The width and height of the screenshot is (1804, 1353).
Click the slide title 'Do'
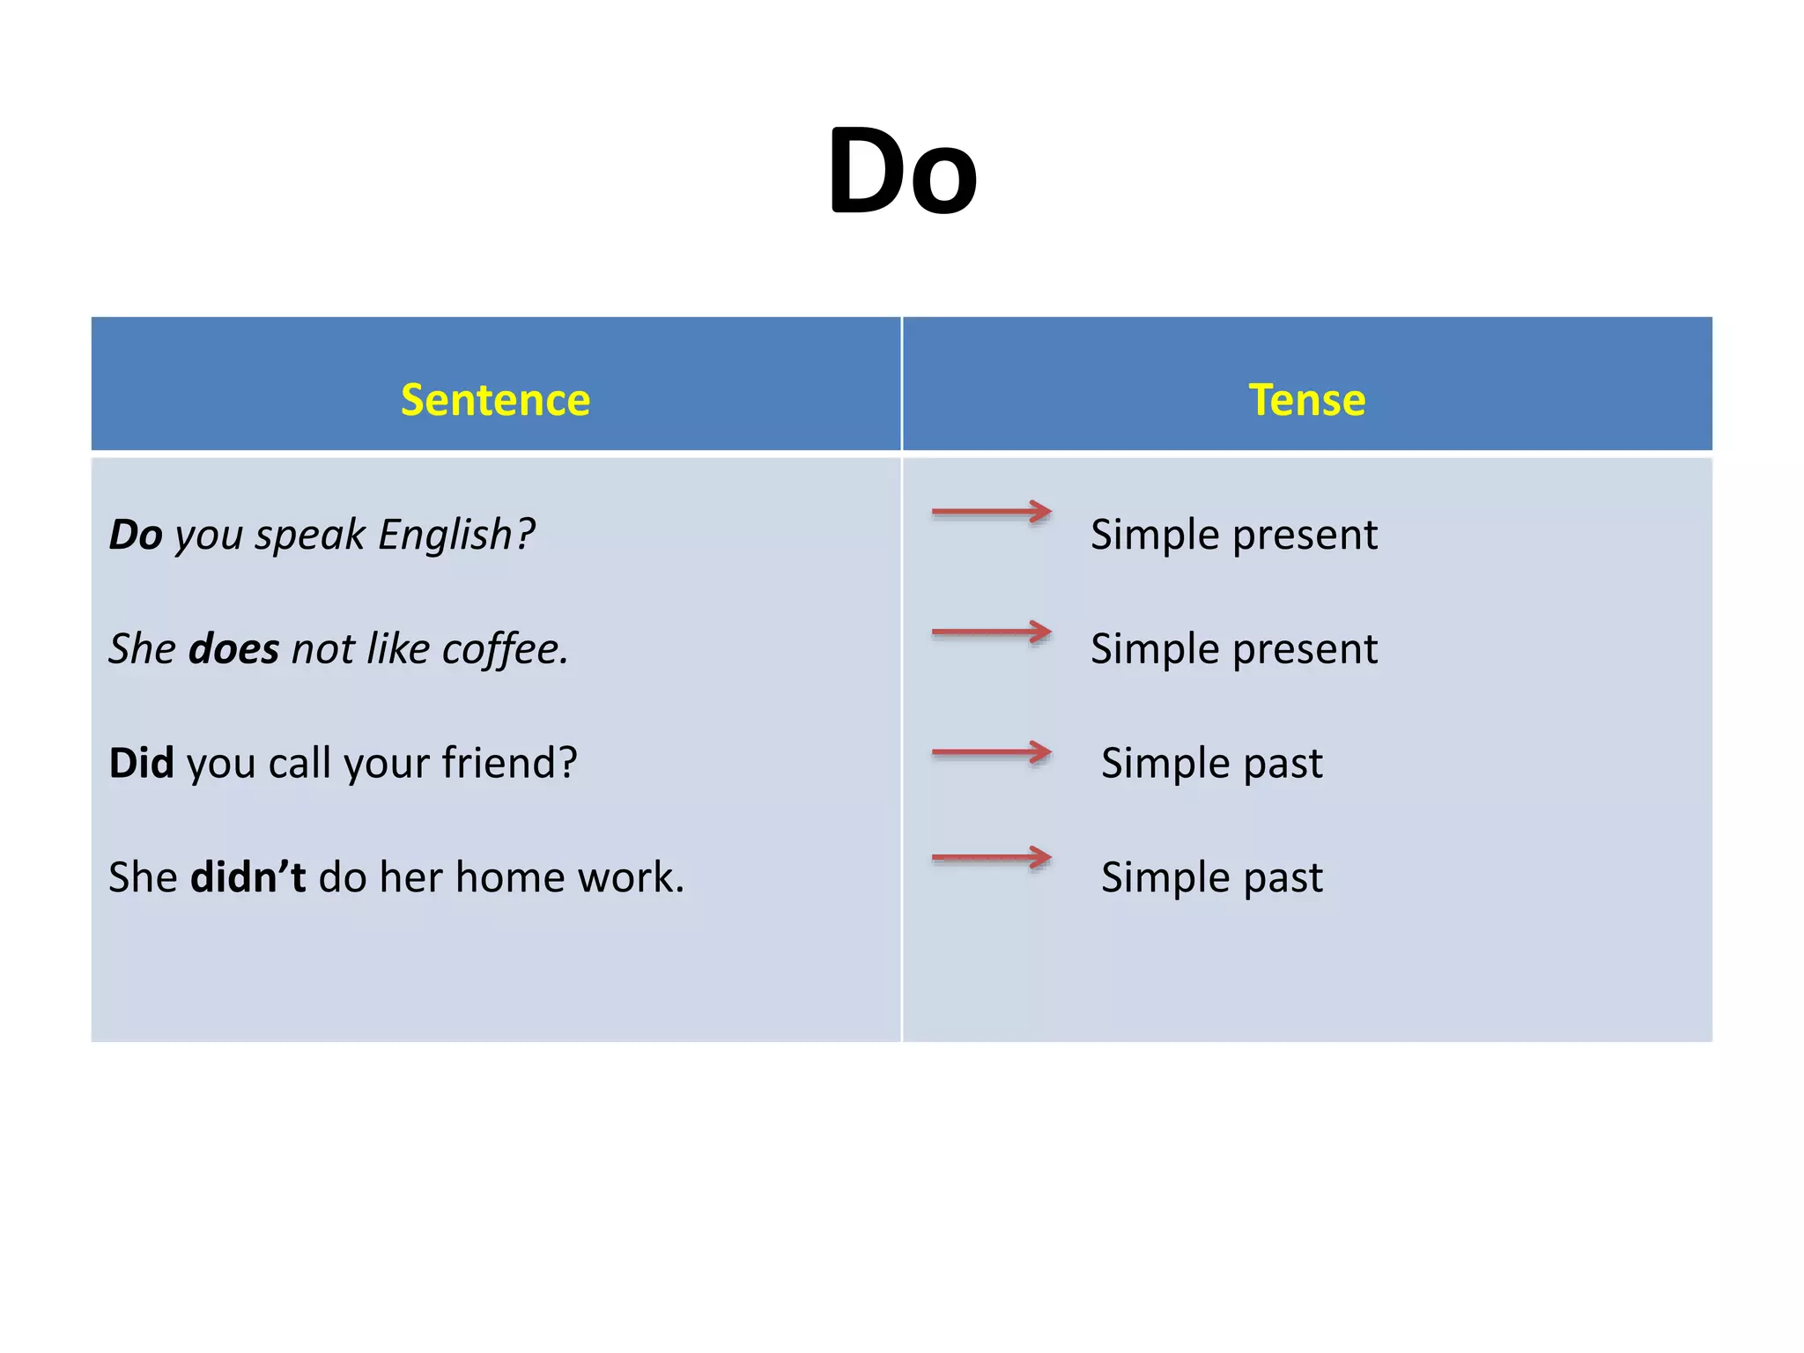902,171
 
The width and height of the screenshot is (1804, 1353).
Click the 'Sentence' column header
495,400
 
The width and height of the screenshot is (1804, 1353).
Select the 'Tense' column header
1307,400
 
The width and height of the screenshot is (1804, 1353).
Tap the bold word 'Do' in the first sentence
136,535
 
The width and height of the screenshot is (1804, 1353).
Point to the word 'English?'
456,535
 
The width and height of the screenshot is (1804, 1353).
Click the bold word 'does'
234,649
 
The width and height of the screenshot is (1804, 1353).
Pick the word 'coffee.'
505,649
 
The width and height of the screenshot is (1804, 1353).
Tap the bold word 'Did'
141,763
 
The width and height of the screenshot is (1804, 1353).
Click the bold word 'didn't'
248,877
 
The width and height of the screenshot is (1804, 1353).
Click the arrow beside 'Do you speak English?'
992,512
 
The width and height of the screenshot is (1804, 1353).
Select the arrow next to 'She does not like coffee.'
992,632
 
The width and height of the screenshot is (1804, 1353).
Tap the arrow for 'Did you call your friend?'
992,752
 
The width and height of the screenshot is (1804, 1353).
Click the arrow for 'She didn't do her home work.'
992,857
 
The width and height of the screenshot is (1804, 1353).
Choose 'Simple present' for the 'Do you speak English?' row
1233,535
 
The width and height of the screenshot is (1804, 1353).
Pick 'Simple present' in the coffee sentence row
1233,649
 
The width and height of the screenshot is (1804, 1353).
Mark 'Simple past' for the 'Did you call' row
1212,763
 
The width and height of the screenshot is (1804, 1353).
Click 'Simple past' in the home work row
1212,877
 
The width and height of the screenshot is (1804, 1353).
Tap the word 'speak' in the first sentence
310,535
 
